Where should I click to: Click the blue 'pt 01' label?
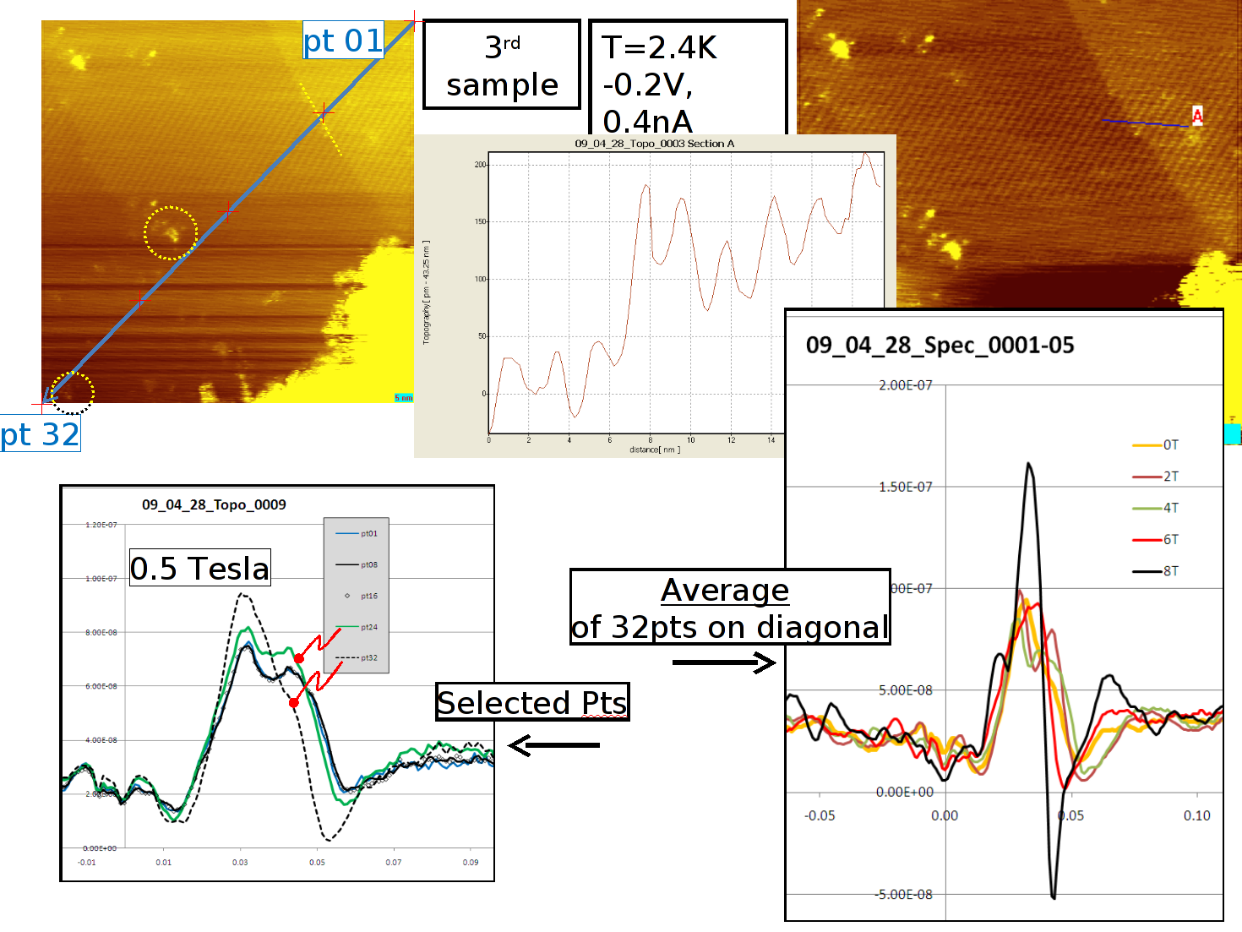[343, 41]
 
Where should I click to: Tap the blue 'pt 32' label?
[40, 434]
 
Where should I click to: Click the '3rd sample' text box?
[502, 66]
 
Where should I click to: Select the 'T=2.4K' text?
[659, 47]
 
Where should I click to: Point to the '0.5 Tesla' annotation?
[199, 569]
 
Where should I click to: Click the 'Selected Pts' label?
[532, 702]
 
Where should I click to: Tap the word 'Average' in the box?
[725, 590]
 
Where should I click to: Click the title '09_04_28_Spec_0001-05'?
[940, 345]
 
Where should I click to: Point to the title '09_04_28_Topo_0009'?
[214, 504]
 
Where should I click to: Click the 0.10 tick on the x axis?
[1196, 815]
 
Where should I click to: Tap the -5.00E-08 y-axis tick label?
[904, 894]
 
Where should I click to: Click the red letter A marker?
[1197, 114]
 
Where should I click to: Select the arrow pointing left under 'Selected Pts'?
[553, 745]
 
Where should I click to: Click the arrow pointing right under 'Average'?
[724, 662]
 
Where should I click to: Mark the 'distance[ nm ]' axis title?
[654, 450]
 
